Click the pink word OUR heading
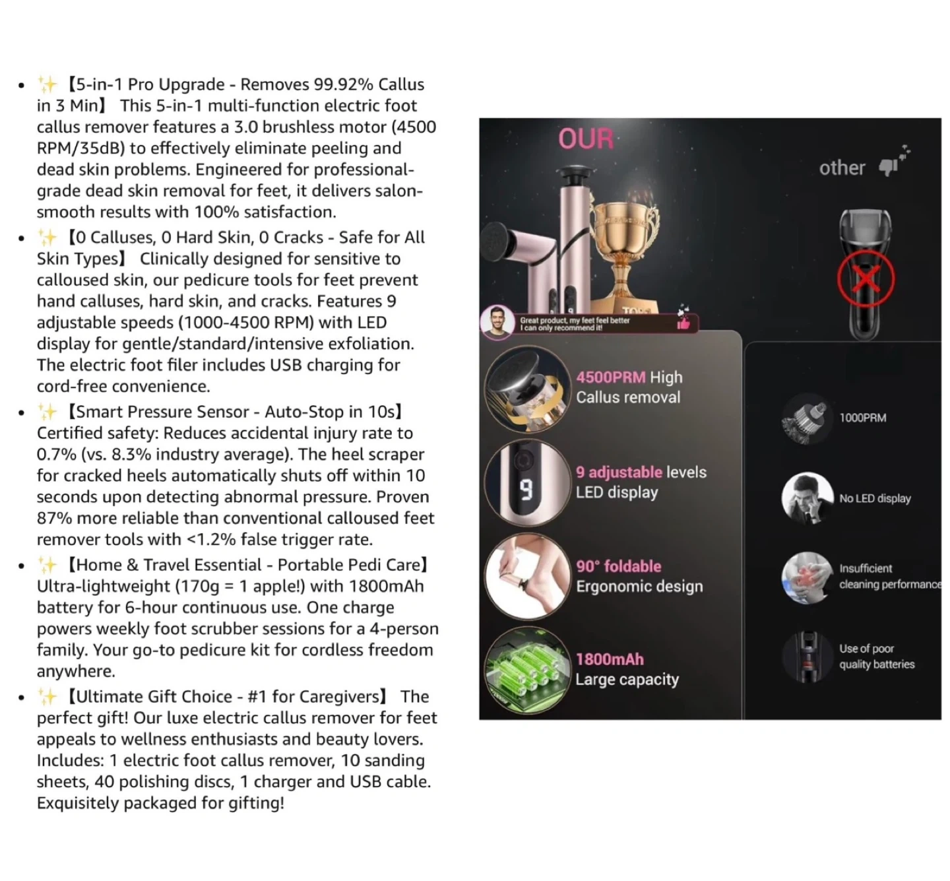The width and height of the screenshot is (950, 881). coord(586,139)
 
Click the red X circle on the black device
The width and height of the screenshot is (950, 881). coord(866,278)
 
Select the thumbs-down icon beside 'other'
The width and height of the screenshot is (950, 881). coord(888,168)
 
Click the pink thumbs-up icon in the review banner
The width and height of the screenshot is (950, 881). coord(683,323)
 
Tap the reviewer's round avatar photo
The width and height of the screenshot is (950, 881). coord(497,322)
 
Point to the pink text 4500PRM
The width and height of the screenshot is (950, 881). coord(610,377)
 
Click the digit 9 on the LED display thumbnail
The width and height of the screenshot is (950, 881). coord(526,489)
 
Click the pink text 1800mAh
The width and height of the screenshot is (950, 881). coord(610,659)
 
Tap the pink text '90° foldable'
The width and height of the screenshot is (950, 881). coord(618,566)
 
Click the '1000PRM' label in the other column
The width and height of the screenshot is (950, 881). coord(862,418)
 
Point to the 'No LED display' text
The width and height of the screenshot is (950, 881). coord(875,498)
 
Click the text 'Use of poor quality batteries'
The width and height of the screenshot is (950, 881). coord(876,657)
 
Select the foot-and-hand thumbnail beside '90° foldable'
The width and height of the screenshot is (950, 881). coord(526,576)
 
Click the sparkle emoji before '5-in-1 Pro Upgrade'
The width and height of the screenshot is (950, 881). coord(47,84)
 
